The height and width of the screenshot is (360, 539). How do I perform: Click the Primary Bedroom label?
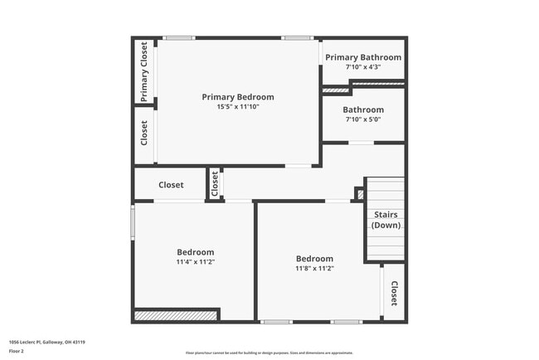tap(238, 97)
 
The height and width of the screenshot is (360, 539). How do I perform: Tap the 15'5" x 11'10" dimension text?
tap(238, 107)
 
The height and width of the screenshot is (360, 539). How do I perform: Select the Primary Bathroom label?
tap(363, 57)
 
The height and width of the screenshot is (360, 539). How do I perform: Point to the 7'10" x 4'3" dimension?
tap(363, 67)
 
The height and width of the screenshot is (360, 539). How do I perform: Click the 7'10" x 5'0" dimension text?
tap(363, 119)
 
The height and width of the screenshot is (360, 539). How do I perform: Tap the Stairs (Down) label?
tap(385, 220)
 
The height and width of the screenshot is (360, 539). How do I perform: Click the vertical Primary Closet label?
tap(144, 71)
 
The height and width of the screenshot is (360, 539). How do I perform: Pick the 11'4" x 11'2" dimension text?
tap(196, 262)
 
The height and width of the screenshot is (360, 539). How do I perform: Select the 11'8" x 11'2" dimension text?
tap(314, 268)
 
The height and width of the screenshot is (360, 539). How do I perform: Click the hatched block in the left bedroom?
tap(176, 314)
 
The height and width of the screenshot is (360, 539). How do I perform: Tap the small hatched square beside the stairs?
tap(359, 194)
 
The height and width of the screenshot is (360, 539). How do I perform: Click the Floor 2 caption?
tap(17, 351)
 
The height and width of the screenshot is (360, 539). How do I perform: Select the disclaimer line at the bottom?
tap(269, 353)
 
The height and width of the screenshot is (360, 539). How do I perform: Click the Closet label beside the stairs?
tap(394, 294)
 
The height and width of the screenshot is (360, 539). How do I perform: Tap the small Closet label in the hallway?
tap(215, 184)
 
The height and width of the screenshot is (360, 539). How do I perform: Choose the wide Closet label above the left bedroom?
tap(171, 185)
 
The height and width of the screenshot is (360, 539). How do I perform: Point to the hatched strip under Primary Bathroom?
tap(336, 90)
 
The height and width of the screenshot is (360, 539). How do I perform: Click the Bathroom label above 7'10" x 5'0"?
tap(363, 109)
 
